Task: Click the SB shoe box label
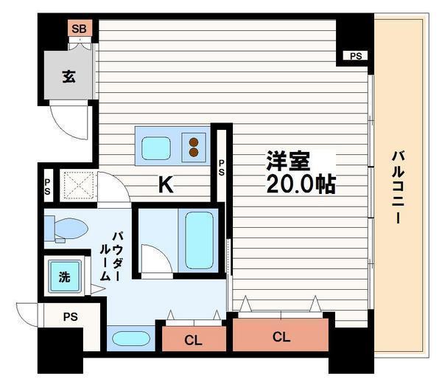point(79,29)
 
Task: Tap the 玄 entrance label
point(69,76)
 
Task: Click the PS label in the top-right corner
point(356,56)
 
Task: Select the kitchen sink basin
point(156,148)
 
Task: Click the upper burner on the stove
point(194,142)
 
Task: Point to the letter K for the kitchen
point(166,184)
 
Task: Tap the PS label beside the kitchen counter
point(222,167)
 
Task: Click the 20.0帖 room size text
point(301,184)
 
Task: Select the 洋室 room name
point(288,162)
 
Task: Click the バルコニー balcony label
point(398,187)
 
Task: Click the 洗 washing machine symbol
point(65,277)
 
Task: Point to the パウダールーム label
point(110,256)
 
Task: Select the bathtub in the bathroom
point(199,240)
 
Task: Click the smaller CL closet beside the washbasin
point(194,339)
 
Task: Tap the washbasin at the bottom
point(131,338)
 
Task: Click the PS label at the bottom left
point(71,316)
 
